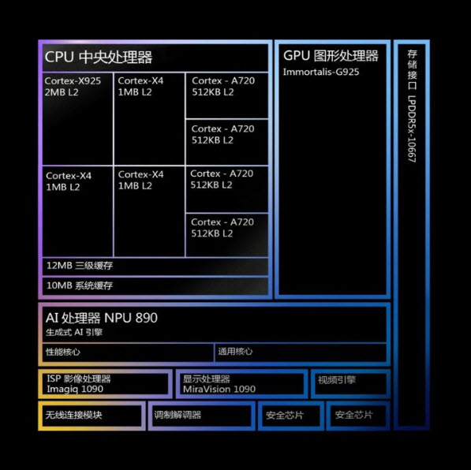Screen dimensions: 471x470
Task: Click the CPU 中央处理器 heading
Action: pyautogui.click(x=99, y=57)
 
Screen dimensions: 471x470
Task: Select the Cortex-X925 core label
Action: pyautogui.click(x=73, y=80)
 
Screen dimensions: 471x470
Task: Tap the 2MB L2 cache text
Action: pyautogui.click(x=62, y=92)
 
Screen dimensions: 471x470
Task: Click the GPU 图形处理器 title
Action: pyautogui.click(x=331, y=56)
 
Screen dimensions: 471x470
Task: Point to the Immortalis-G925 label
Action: pyautogui.click(x=321, y=72)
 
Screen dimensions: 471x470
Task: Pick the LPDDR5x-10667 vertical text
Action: pyautogui.click(x=412, y=129)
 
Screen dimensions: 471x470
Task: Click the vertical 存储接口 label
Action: pyautogui.click(x=412, y=70)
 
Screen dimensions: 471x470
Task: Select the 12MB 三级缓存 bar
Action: pyautogui.click(x=155, y=266)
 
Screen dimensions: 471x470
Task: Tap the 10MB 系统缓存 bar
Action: pyautogui.click(x=155, y=285)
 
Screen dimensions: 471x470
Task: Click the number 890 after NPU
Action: pyautogui.click(x=146, y=318)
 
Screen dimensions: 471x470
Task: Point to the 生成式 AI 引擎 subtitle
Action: pyautogui.click(x=74, y=332)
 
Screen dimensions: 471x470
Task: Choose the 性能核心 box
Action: pyautogui.click(x=128, y=352)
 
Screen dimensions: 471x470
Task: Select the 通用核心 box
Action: pyautogui.click(x=301, y=352)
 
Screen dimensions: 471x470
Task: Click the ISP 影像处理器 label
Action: pyautogui.click(x=79, y=379)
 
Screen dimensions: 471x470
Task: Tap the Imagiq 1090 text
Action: pyautogui.click(x=75, y=390)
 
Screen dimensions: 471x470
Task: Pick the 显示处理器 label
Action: pyautogui.click(x=207, y=379)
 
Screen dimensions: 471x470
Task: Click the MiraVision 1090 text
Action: pyautogui.click(x=219, y=390)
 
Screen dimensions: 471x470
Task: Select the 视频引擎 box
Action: pyautogui.click(x=350, y=384)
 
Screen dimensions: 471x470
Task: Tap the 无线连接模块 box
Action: pyautogui.click(x=92, y=416)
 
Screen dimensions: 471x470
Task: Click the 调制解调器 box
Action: pyautogui.click(x=201, y=416)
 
